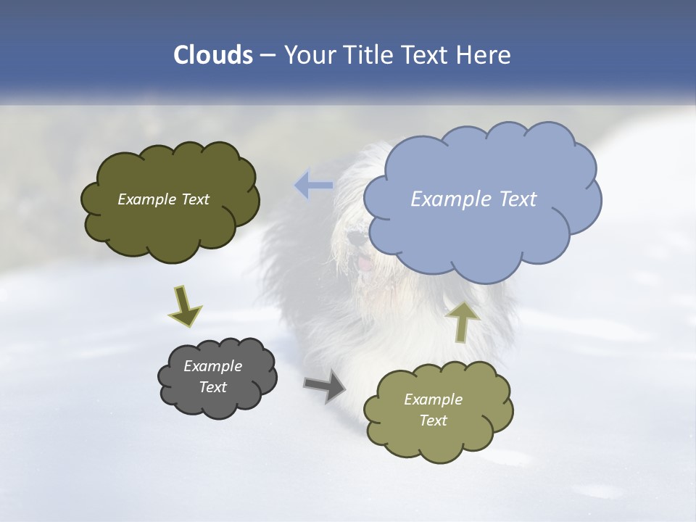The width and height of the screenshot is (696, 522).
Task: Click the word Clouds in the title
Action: point(212,54)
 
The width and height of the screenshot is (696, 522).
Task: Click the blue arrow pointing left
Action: point(313,186)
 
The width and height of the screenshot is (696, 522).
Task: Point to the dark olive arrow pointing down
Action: point(184,305)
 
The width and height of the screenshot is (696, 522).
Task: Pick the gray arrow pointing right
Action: point(326,386)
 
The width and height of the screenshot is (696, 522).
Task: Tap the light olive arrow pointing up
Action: point(462,320)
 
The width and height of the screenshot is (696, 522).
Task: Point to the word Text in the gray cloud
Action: point(213,387)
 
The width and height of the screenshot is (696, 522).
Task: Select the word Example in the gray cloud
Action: point(213,366)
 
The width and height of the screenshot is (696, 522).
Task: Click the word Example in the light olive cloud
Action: point(433,399)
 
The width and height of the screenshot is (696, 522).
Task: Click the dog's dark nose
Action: point(355,238)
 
